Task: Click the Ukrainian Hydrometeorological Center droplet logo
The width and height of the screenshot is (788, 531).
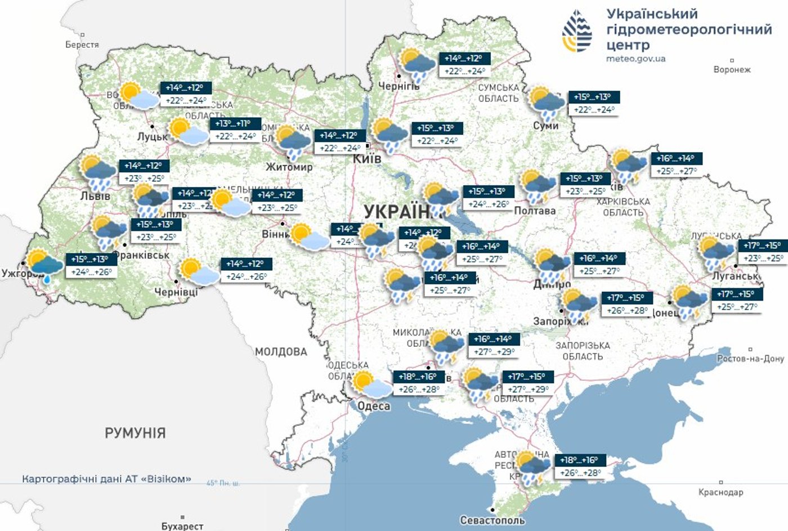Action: tap(577, 32)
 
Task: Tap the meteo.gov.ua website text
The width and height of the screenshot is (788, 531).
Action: tap(635, 59)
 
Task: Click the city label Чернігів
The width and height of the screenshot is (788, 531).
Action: tap(399, 86)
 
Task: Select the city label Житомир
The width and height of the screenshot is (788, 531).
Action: tap(289, 167)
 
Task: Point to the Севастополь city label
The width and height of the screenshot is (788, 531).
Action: tap(492, 520)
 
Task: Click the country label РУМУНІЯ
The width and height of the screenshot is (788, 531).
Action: tap(135, 433)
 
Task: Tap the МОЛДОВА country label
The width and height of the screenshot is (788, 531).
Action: tap(281, 352)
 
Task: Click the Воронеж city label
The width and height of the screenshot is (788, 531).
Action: tap(732, 70)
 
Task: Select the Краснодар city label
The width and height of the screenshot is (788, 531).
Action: tap(720, 492)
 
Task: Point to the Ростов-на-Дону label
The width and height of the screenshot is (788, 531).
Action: tap(750, 359)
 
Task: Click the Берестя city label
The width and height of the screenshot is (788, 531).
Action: tap(82, 44)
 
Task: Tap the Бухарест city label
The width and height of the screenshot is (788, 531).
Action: tap(182, 526)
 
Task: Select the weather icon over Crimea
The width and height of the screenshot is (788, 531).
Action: tap(532, 467)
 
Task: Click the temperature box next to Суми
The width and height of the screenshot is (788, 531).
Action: tap(593, 103)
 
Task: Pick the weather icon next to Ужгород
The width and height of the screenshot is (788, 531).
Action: tap(45, 265)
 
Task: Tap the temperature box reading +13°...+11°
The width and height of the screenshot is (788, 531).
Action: tap(235, 130)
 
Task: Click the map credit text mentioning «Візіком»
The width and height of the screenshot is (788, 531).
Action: tap(106, 479)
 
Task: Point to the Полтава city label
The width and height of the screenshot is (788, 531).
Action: tap(535, 211)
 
